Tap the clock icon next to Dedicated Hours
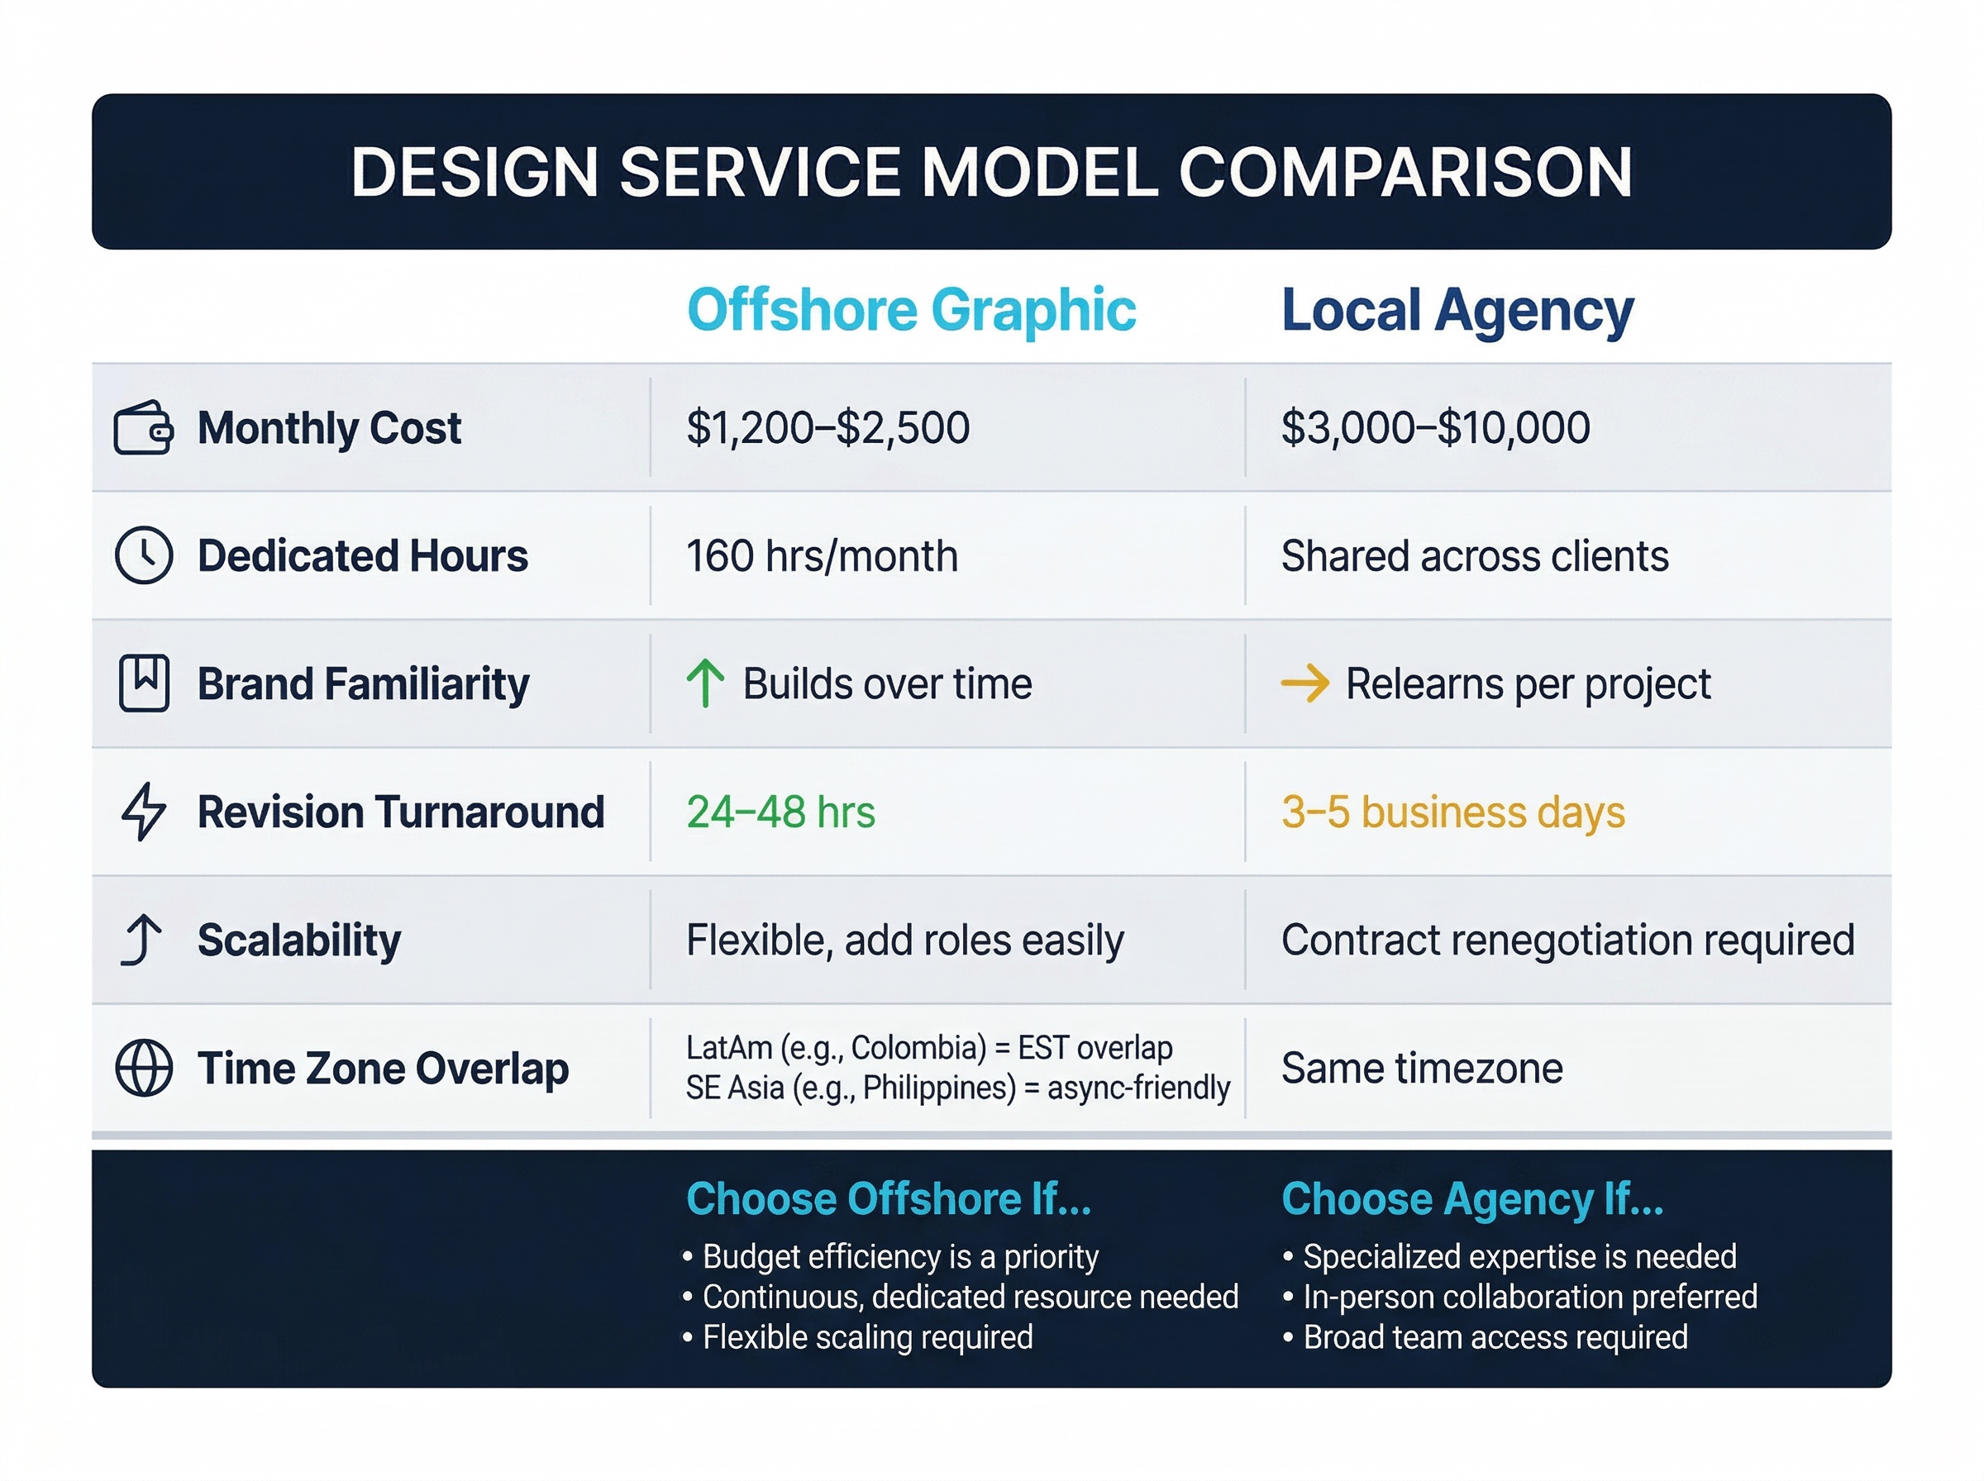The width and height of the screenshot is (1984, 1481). click(144, 556)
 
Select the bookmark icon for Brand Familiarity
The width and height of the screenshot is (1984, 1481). click(144, 683)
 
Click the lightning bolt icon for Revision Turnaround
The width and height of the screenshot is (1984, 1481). click(144, 812)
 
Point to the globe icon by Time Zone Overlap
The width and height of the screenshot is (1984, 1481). click(144, 1068)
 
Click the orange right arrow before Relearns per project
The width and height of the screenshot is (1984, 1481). click(1304, 683)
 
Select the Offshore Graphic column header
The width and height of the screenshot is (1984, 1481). click(911, 310)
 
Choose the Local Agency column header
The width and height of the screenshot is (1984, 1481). click(1457, 310)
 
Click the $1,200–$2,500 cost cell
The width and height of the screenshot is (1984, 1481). click(827, 427)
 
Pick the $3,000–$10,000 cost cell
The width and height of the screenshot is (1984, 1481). click(1435, 427)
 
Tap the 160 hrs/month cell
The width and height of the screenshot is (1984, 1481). click(822, 556)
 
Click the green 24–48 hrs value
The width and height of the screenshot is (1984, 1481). click(780, 812)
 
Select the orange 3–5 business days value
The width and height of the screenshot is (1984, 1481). click(1452, 812)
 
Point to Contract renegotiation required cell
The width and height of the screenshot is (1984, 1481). click(1567, 940)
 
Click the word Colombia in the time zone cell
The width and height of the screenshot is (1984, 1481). click(914, 1047)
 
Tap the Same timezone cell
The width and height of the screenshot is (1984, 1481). click(1422, 1068)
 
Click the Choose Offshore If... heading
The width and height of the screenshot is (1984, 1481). click(889, 1198)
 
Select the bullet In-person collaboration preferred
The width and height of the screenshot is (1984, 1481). click(1529, 1297)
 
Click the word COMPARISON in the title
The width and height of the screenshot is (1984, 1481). click(1405, 172)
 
